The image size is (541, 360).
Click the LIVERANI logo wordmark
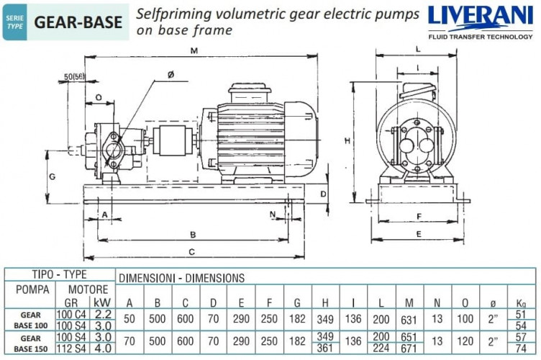pos(481,18)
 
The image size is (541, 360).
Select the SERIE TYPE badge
pos(16,22)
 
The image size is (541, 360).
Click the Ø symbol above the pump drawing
pos(171,74)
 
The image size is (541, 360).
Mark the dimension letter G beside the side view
pos(53,176)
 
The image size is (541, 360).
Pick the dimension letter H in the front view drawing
pos(347,140)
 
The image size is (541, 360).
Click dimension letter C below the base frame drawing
pos(191,251)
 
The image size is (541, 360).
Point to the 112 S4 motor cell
pos(75,348)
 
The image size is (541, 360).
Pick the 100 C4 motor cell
pos(75,313)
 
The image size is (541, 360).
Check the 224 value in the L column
pos(381,348)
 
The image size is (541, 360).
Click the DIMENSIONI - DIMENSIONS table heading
pos(181,277)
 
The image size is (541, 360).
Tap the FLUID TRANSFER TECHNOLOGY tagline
pos(481,35)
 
